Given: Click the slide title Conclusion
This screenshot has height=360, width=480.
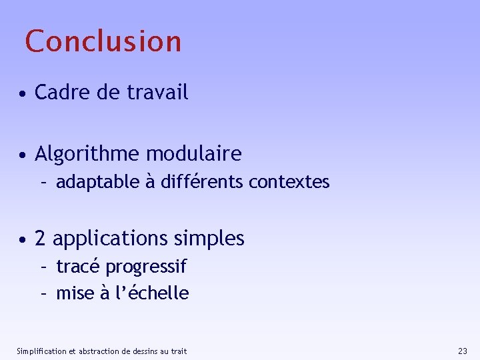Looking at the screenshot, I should click(103, 41).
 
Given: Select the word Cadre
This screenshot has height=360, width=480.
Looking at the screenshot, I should click(63, 93).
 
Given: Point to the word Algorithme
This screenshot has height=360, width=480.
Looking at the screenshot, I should click(87, 155).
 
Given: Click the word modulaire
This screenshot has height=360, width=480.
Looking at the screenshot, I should click(194, 155).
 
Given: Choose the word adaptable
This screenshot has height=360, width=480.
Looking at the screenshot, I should click(97, 182).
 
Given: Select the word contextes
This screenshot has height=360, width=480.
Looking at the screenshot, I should click(289, 182).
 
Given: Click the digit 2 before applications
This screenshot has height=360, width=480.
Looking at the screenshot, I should click(40, 239).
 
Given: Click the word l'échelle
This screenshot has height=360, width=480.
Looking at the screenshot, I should click(153, 293).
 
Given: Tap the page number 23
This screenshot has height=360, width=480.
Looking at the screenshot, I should click(463, 351).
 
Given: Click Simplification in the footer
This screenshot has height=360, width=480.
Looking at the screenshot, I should click(41, 351).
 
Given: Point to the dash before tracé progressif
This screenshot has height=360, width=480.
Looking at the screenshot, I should click(43, 267).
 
